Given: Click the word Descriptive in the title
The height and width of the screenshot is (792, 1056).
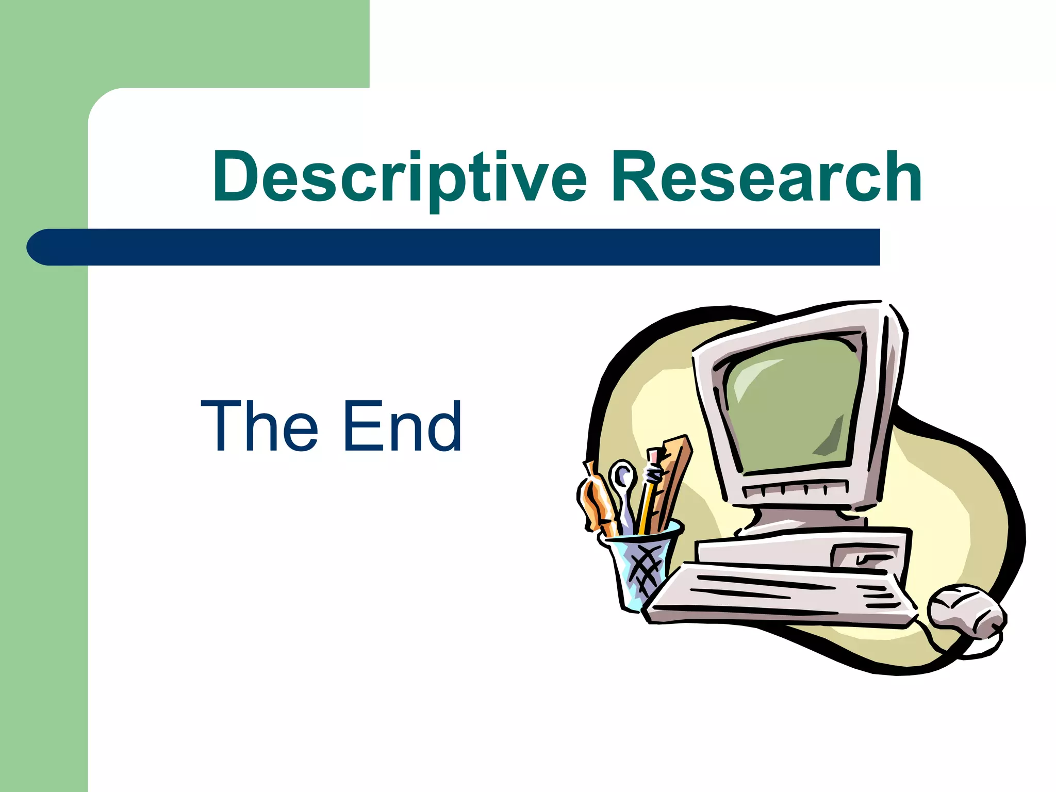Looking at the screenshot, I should click(400, 178).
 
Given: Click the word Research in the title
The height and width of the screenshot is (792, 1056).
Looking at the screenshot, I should click(766, 178).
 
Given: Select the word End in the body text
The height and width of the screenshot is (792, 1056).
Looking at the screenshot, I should click(402, 427).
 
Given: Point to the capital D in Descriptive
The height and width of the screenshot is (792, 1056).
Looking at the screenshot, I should click(236, 176).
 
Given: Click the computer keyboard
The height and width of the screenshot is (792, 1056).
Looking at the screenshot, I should click(779, 593).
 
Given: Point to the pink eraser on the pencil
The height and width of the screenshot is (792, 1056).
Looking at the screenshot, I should click(654, 456).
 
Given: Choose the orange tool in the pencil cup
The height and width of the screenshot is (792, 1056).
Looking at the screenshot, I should click(596, 500).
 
